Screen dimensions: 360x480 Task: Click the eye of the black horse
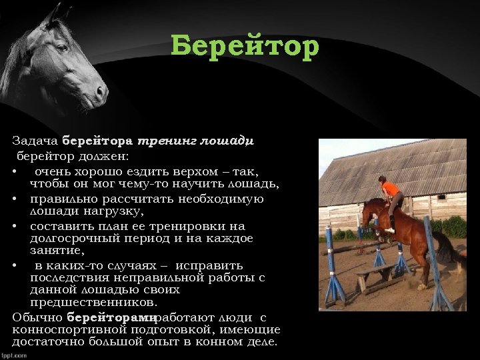[63, 49]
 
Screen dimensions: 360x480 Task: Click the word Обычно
[37, 317]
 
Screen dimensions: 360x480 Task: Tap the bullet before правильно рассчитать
[15, 199]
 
